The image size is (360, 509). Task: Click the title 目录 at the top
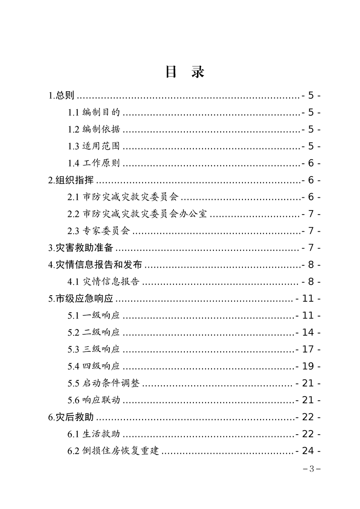click(184, 73)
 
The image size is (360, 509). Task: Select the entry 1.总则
click(61, 96)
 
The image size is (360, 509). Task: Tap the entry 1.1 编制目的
click(94, 113)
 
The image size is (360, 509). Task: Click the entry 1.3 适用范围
click(94, 147)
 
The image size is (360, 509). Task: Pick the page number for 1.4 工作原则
click(311, 163)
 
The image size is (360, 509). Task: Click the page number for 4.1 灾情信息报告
click(311, 282)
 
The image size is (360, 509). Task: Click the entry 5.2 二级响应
click(94, 333)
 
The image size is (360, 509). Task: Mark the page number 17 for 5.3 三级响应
click(308, 349)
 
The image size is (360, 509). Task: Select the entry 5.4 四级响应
click(94, 366)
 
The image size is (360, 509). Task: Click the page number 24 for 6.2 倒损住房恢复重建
click(308, 451)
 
